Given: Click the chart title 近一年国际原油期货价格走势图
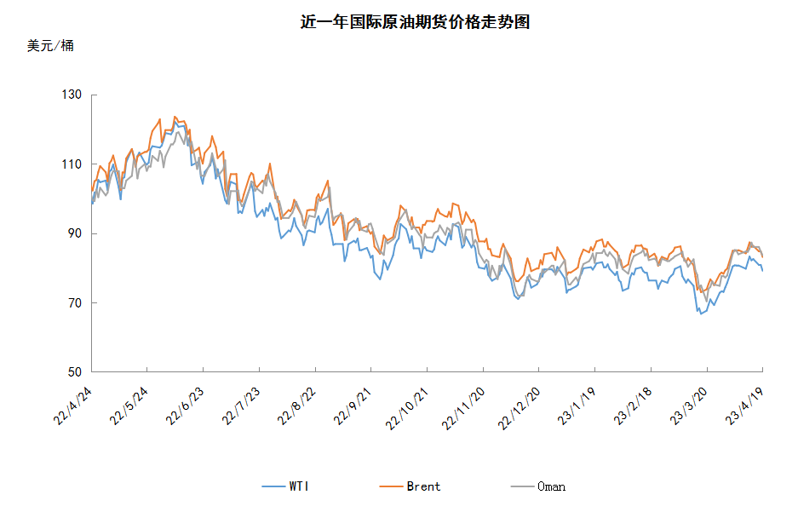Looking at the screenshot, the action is click(x=415, y=22).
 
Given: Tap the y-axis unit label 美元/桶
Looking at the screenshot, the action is click(x=50, y=46).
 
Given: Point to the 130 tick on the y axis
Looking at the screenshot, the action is click(x=72, y=95).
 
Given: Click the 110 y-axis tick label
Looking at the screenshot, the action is click(x=72, y=164).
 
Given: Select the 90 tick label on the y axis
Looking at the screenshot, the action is click(x=75, y=233).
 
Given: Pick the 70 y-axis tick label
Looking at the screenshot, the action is click(x=75, y=303).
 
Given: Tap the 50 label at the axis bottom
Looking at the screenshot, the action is click(x=75, y=372).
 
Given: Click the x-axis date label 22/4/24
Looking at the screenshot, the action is click(x=72, y=406).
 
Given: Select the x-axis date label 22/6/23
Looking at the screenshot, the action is click(x=185, y=406).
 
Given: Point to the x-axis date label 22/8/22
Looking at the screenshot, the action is click(x=296, y=406).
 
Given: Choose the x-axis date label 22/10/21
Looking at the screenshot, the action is click(x=406, y=408).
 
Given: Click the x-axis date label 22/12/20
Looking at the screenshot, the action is click(x=519, y=408).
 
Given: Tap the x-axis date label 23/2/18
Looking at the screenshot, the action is click(x=633, y=406).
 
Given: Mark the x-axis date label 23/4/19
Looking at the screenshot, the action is click(x=744, y=406).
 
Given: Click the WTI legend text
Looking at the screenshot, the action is click(x=299, y=486).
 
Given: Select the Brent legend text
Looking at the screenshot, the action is click(x=423, y=486).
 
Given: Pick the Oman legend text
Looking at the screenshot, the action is click(x=551, y=486).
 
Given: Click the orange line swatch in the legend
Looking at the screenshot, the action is click(x=392, y=486).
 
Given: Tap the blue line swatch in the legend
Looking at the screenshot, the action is click(x=273, y=486).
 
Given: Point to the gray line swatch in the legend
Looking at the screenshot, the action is click(x=522, y=486).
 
